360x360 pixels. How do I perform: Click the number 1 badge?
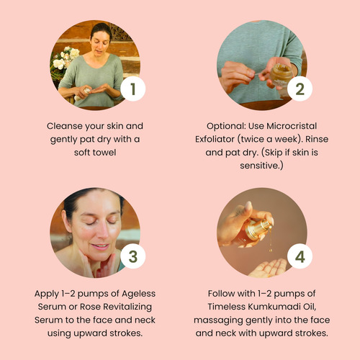click(x=132, y=89)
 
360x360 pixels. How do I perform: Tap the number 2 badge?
click(x=300, y=89)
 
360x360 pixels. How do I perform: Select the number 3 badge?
click(x=132, y=256)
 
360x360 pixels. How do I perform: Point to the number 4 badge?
click(x=300, y=256)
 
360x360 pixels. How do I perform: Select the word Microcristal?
click(x=292, y=126)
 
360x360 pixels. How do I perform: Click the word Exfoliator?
click(x=215, y=139)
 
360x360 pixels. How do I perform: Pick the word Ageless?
click(x=138, y=294)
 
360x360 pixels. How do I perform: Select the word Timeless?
click(x=226, y=307)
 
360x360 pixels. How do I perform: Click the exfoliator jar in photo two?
click(x=281, y=75)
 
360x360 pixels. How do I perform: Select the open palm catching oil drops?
click(x=268, y=268)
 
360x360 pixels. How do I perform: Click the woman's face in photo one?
click(x=100, y=43)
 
